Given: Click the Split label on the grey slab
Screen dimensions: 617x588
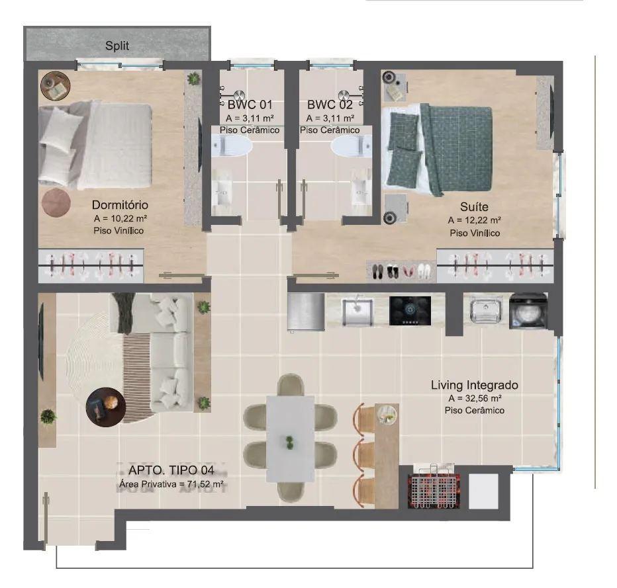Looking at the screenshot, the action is [x=117, y=46].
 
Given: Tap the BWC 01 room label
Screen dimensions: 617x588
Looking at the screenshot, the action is [x=250, y=105].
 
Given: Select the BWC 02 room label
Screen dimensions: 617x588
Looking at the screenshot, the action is [x=330, y=105].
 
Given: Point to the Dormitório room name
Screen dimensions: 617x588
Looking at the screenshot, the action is [x=120, y=205].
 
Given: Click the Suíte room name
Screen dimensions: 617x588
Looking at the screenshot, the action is [x=474, y=207].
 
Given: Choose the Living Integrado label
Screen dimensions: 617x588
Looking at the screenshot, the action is [x=475, y=385].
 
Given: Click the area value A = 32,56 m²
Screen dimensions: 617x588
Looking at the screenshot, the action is [x=475, y=398].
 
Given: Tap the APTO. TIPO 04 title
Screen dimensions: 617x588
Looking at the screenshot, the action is [x=171, y=470].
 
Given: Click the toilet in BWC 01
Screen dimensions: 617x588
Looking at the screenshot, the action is [x=232, y=147].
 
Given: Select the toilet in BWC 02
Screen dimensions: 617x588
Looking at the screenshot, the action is [x=352, y=147].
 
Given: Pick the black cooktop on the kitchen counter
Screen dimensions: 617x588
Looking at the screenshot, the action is [x=410, y=311].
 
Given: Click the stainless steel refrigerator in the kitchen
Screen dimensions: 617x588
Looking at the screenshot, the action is [x=306, y=312].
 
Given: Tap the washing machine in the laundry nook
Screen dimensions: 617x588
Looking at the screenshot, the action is [x=528, y=311].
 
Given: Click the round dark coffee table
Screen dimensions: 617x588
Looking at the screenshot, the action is [x=106, y=407].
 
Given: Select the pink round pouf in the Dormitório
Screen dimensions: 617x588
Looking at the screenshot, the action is [x=56, y=202].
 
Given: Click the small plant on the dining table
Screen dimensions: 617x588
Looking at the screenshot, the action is [x=290, y=442].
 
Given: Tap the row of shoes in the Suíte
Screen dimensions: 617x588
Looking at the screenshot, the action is [x=401, y=271].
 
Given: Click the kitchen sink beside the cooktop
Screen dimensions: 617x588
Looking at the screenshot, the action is [x=357, y=312].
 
